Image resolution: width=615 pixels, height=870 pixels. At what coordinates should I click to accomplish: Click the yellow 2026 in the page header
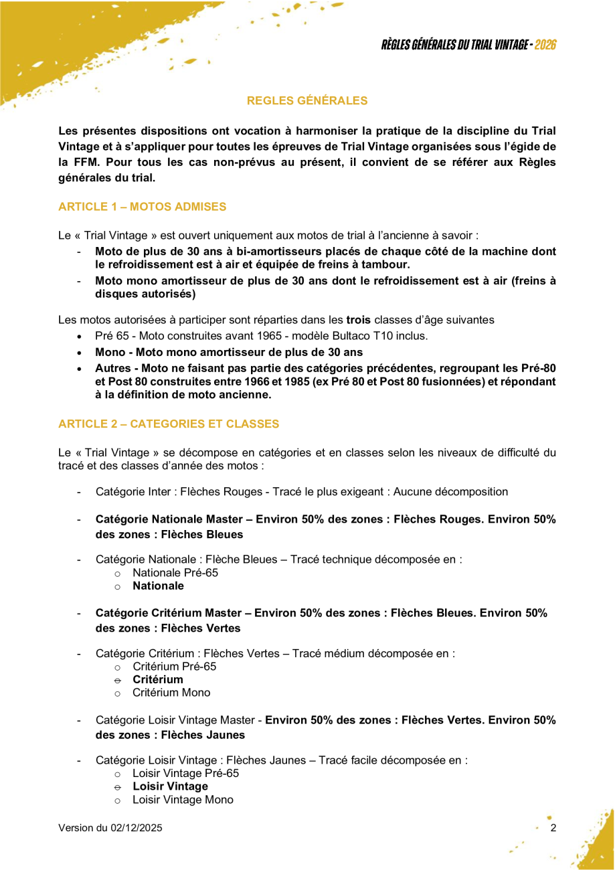tap(546, 45)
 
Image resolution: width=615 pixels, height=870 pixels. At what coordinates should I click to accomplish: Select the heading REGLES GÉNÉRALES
tap(307, 101)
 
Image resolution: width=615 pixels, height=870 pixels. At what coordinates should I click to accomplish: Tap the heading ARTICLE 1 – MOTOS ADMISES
tap(143, 207)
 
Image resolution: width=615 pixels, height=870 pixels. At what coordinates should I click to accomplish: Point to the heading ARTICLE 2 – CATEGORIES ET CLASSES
tap(169, 424)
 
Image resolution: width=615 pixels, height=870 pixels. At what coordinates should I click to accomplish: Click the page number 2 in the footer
tap(553, 829)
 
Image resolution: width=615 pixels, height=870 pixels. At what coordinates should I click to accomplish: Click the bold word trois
tap(358, 320)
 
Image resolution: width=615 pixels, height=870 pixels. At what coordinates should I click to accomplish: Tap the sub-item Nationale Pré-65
tap(175, 573)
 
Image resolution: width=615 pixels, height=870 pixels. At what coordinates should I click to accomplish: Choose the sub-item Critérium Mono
tap(171, 693)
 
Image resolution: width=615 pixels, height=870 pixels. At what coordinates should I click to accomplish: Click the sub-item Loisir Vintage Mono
tap(183, 800)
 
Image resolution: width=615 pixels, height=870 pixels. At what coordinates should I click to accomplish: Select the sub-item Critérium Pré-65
tap(175, 667)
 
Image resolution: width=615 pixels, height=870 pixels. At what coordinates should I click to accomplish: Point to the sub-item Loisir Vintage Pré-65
tap(185, 773)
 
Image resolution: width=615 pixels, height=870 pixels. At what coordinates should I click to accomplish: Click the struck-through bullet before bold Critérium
tap(117, 680)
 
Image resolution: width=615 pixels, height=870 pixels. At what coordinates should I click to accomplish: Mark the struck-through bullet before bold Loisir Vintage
tap(117, 787)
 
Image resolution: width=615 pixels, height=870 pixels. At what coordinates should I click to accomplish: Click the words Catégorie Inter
tap(133, 492)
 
